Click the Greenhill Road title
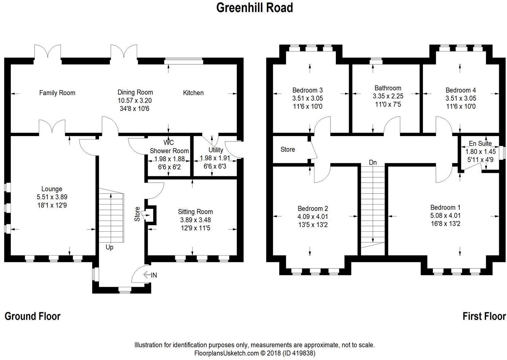pyautogui.click(x=255, y=7)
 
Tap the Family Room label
pyautogui.click(x=57, y=93)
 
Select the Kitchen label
pyautogui.click(x=193, y=93)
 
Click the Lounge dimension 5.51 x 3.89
pyautogui.click(x=52, y=197)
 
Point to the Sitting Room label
pyautogui.click(x=195, y=212)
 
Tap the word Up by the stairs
pyautogui.click(x=109, y=247)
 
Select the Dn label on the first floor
pyautogui.click(x=373, y=163)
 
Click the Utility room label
pyautogui.click(x=216, y=150)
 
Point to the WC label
pyautogui.click(x=169, y=142)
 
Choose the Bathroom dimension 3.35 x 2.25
pyautogui.click(x=388, y=96)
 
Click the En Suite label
pyautogui.click(x=480, y=144)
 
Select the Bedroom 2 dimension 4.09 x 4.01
pyautogui.click(x=312, y=217)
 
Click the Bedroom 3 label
pyautogui.click(x=307, y=90)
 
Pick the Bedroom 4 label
pyautogui.click(x=461, y=90)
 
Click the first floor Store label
pyautogui.click(x=288, y=149)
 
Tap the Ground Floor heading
pyautogui.click(x=32, y=316)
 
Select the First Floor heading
pyautogui.click(x=484, y=316)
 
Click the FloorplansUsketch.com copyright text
pyautogui.click(x=255, y=353)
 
